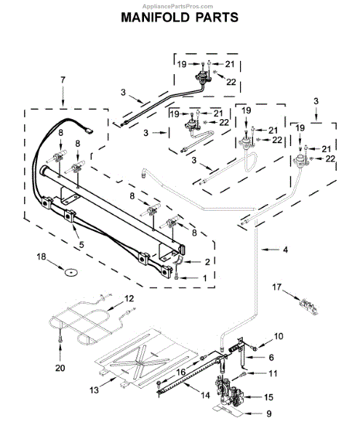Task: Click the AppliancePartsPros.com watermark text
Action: (x=177, y=6)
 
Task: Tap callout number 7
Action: (x=63, y=80)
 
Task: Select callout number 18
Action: (x=41, y=257)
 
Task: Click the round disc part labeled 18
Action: (x=71, y=272)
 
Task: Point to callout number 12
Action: (x=129, y=299)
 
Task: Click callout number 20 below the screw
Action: (x=60, y=368)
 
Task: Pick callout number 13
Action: (x=94, y=389)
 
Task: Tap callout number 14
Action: (x=205, y=395)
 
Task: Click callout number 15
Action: (x=268, y=397)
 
